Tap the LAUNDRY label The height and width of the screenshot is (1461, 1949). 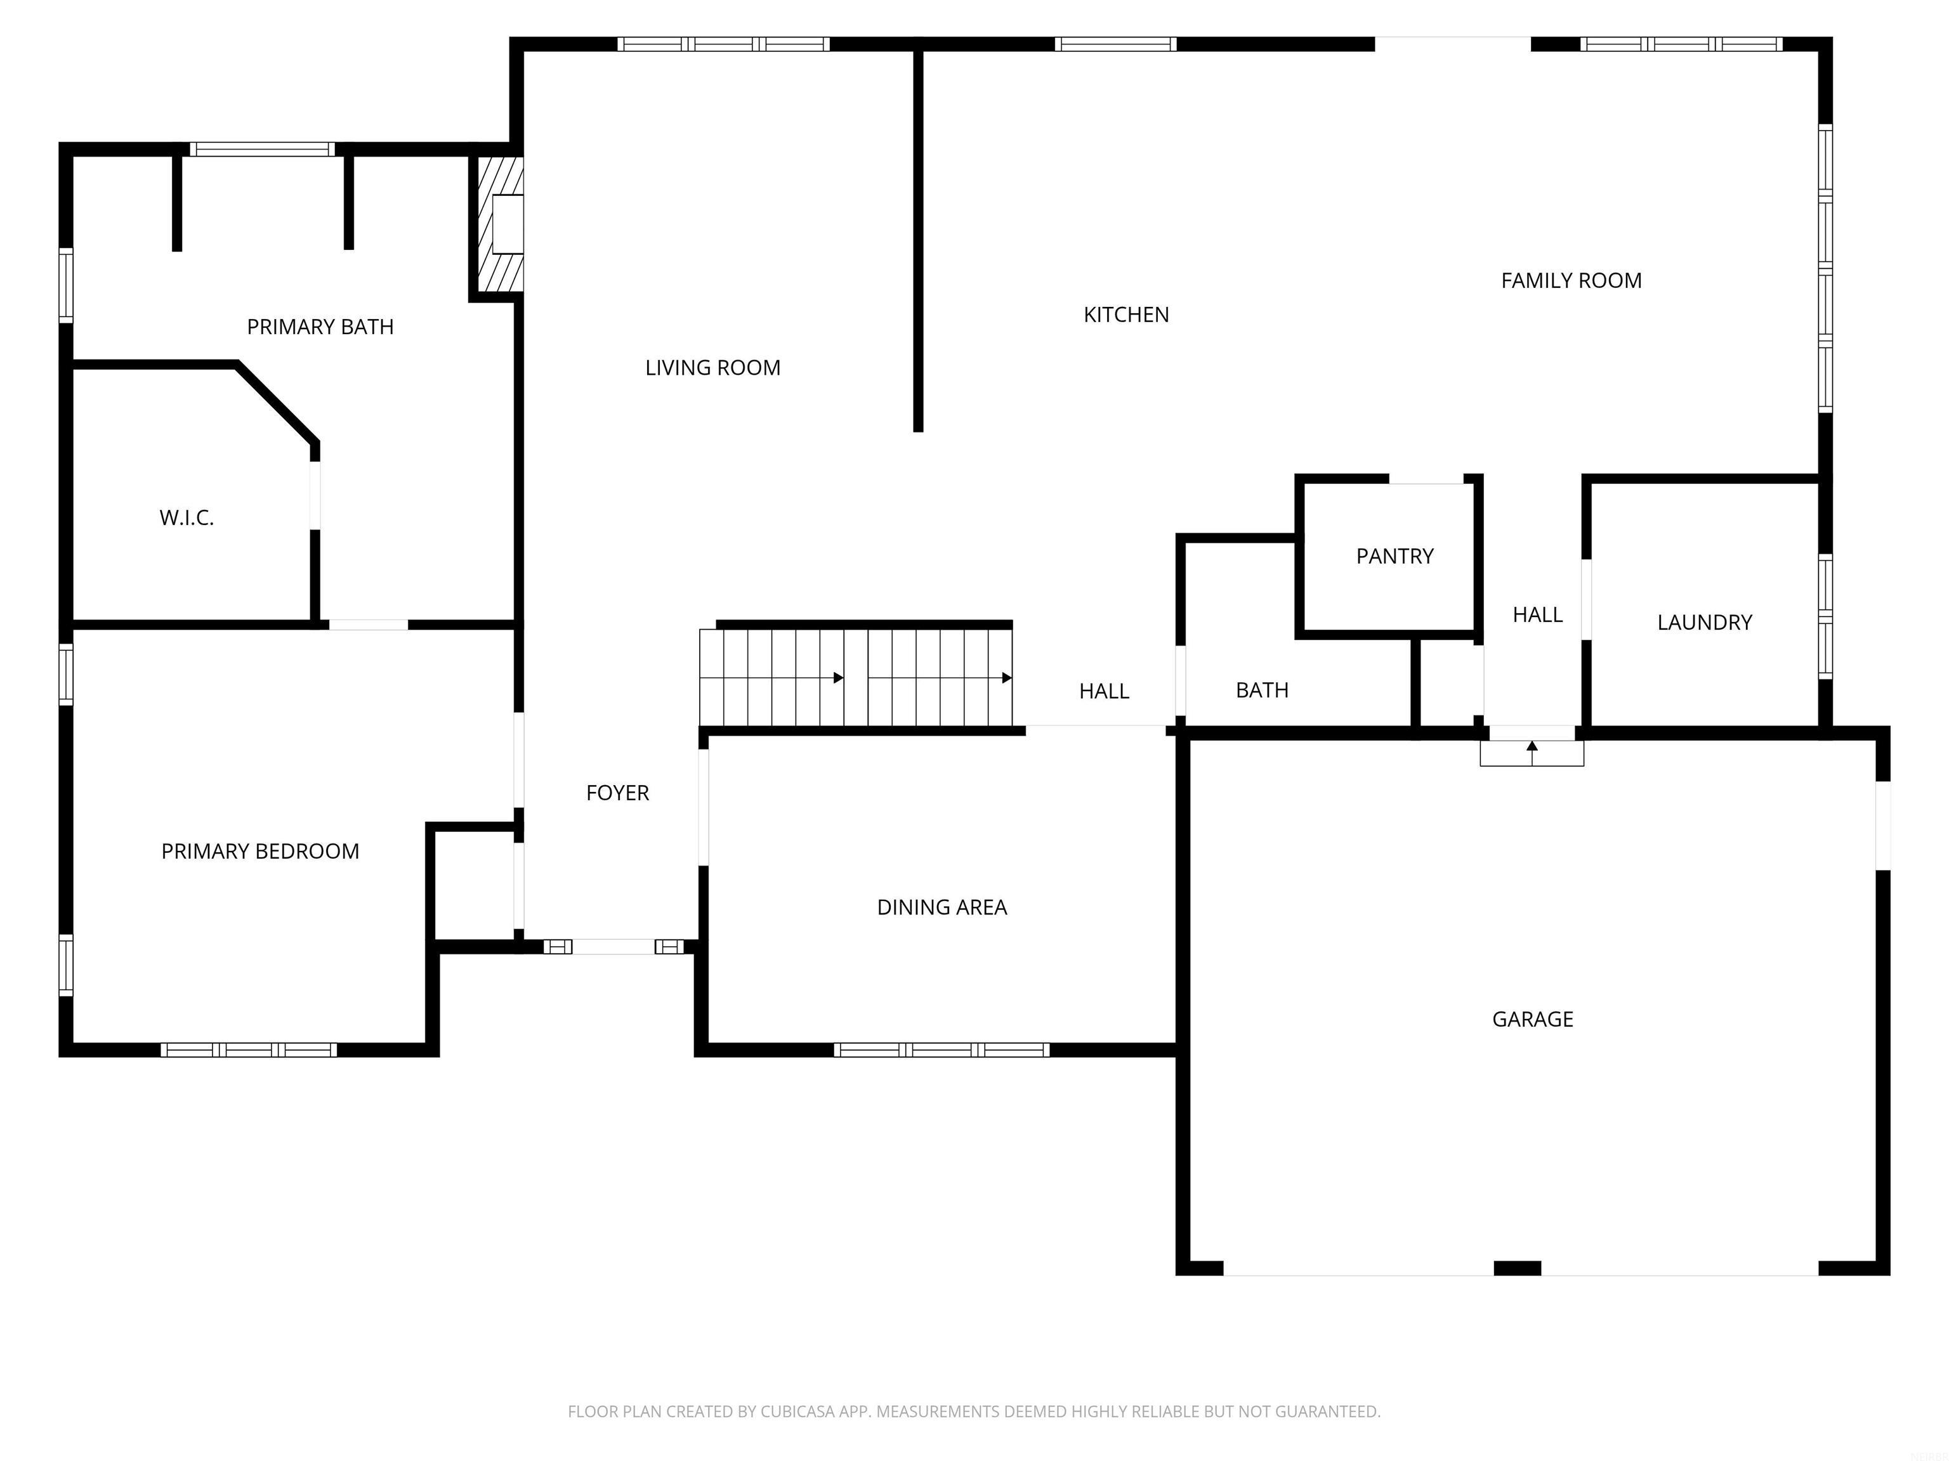click(1704, 623)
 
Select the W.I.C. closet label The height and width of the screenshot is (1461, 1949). click(187, 518)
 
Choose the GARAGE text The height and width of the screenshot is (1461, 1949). click(1532, 1019)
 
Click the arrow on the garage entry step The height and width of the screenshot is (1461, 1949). click(1532, 748)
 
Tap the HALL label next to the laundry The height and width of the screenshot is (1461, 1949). click(1537, 614)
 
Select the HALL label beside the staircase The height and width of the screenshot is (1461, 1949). click(1104, 691)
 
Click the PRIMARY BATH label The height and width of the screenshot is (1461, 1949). click(320, 327)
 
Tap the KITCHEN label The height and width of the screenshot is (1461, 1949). click(1126, 315)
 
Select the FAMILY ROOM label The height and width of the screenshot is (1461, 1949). click(1571, 280)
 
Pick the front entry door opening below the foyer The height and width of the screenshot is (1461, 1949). click(614, 947)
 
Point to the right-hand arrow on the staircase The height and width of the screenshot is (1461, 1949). click(1006, 677)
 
